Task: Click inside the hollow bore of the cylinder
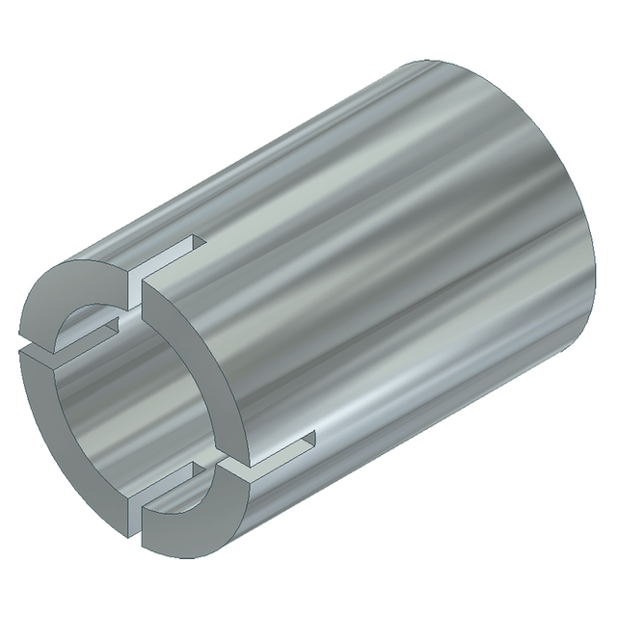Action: (x=125, y=405)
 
